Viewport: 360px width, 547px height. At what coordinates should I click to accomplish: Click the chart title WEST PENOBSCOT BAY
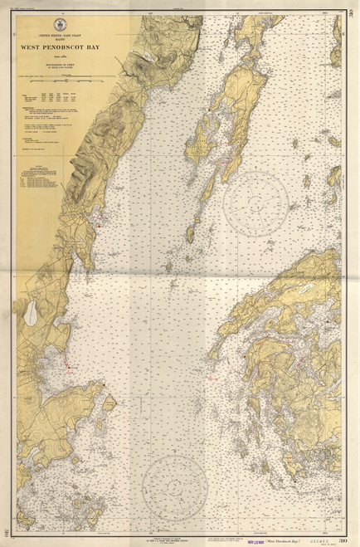[x=61, y=48]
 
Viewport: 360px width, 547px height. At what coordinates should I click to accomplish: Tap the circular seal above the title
[x=61, y=26]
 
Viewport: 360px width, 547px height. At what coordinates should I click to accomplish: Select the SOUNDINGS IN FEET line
[x=61, y=64]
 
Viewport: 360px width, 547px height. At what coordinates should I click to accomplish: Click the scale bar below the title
[x=62, y=81]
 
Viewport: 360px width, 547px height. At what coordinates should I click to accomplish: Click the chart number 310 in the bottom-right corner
[x=343, y=540]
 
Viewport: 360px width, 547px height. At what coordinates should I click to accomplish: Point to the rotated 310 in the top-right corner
[x=353, y=10]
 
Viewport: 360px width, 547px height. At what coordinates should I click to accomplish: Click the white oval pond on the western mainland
[x=31, y=310]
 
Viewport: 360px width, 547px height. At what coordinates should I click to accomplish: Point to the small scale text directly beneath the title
[x=61, y=56]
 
